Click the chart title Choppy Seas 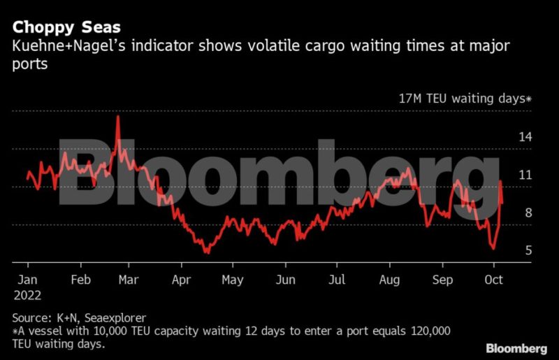coord(66,27)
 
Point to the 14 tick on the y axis coord(525,137)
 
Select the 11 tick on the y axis coord(524,175)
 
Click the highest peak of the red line coord(117,116)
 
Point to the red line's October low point coord(493,248)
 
